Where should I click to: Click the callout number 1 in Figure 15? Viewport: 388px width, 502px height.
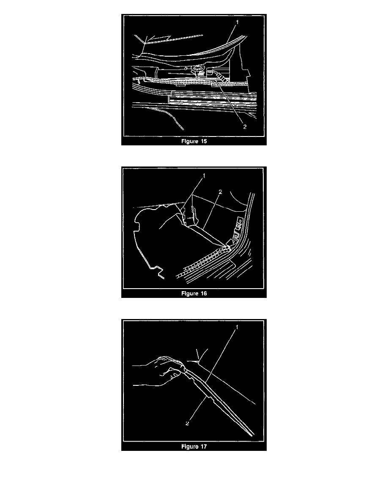pos(237,22)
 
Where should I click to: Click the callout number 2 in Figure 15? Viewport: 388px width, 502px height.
pos(245,127)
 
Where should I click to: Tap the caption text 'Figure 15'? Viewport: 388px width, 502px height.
pos(194,141)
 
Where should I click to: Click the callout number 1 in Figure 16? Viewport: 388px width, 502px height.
pos(204,176)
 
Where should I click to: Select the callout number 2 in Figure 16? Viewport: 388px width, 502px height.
pos(220,192)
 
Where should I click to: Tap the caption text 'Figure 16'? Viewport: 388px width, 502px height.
pos(194,294)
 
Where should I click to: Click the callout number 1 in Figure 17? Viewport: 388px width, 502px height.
pos(237,327)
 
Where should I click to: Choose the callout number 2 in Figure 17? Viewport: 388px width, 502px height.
pos(187,423)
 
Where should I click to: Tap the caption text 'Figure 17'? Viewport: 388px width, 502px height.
pos(194,446)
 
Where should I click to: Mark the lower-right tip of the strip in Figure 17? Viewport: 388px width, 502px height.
pos(253,435)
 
